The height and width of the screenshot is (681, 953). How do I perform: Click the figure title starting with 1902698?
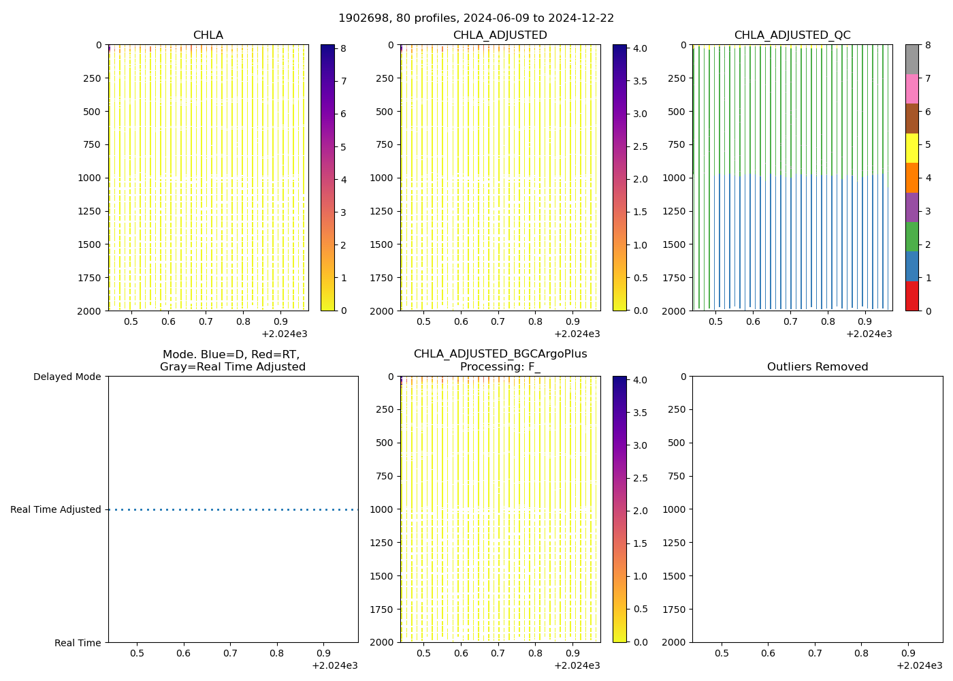[x=476, y=18]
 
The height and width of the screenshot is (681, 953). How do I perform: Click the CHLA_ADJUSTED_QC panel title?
[x=792, y=35]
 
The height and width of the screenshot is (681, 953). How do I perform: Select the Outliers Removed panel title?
[x=817, y=367]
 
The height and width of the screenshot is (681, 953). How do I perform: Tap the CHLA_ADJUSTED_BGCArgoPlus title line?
[x=500, y=354]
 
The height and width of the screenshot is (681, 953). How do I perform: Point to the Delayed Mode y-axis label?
[x=67, y=377]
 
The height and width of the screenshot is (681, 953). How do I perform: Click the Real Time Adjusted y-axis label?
[x=55, y=509]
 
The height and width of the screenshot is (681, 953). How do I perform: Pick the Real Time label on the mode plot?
[x=78, y=643]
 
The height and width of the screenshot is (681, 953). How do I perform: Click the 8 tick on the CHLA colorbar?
[x=344, y=49]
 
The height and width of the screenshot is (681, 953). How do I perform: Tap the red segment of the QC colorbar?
[x=912, y=296]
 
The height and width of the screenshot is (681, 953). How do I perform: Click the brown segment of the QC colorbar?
[x=912, y=118]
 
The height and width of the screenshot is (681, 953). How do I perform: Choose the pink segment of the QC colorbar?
[x=912, y=89]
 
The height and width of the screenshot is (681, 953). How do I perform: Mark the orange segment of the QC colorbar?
[x=912, y=178]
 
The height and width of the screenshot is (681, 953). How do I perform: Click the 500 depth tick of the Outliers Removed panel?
[x=678, y=443]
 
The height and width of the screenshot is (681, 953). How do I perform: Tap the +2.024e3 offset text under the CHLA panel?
[x=285, y=334]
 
